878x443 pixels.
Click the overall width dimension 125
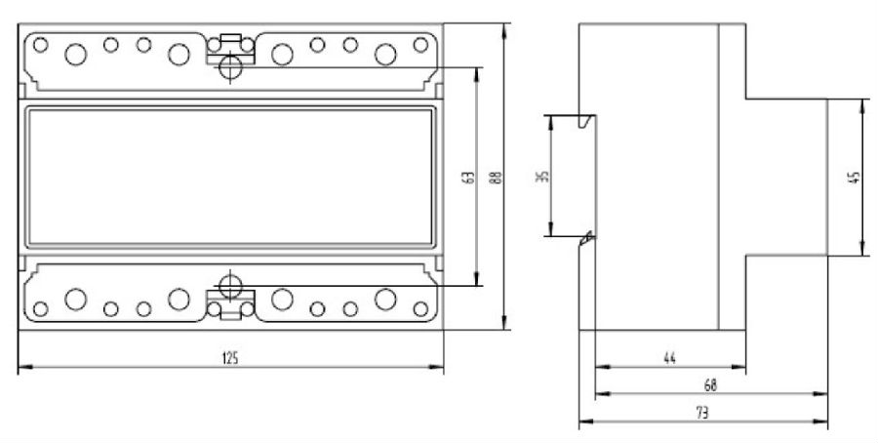tap(230, 358)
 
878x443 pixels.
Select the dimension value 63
tap(468, 178)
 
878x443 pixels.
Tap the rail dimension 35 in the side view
tap(543, 177)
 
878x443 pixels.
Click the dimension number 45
tap(855, 177)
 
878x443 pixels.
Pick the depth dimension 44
tap(669, 358)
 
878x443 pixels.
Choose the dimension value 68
tap(709, 385)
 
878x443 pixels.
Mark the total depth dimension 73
tap(701, 412)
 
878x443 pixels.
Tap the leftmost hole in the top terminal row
tap(41, 45)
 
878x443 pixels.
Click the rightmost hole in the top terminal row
tap(420, 45)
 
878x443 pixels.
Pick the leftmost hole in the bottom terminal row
tap(41, 309)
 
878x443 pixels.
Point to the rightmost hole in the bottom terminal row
tap(420, 309)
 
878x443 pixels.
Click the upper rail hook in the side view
tap(585, 122)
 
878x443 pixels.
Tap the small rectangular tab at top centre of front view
tap(231, 40)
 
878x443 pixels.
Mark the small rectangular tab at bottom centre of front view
tap(231, 314)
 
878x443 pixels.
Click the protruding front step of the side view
tap(786, 177)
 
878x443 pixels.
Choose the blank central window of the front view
tap(230, 177)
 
